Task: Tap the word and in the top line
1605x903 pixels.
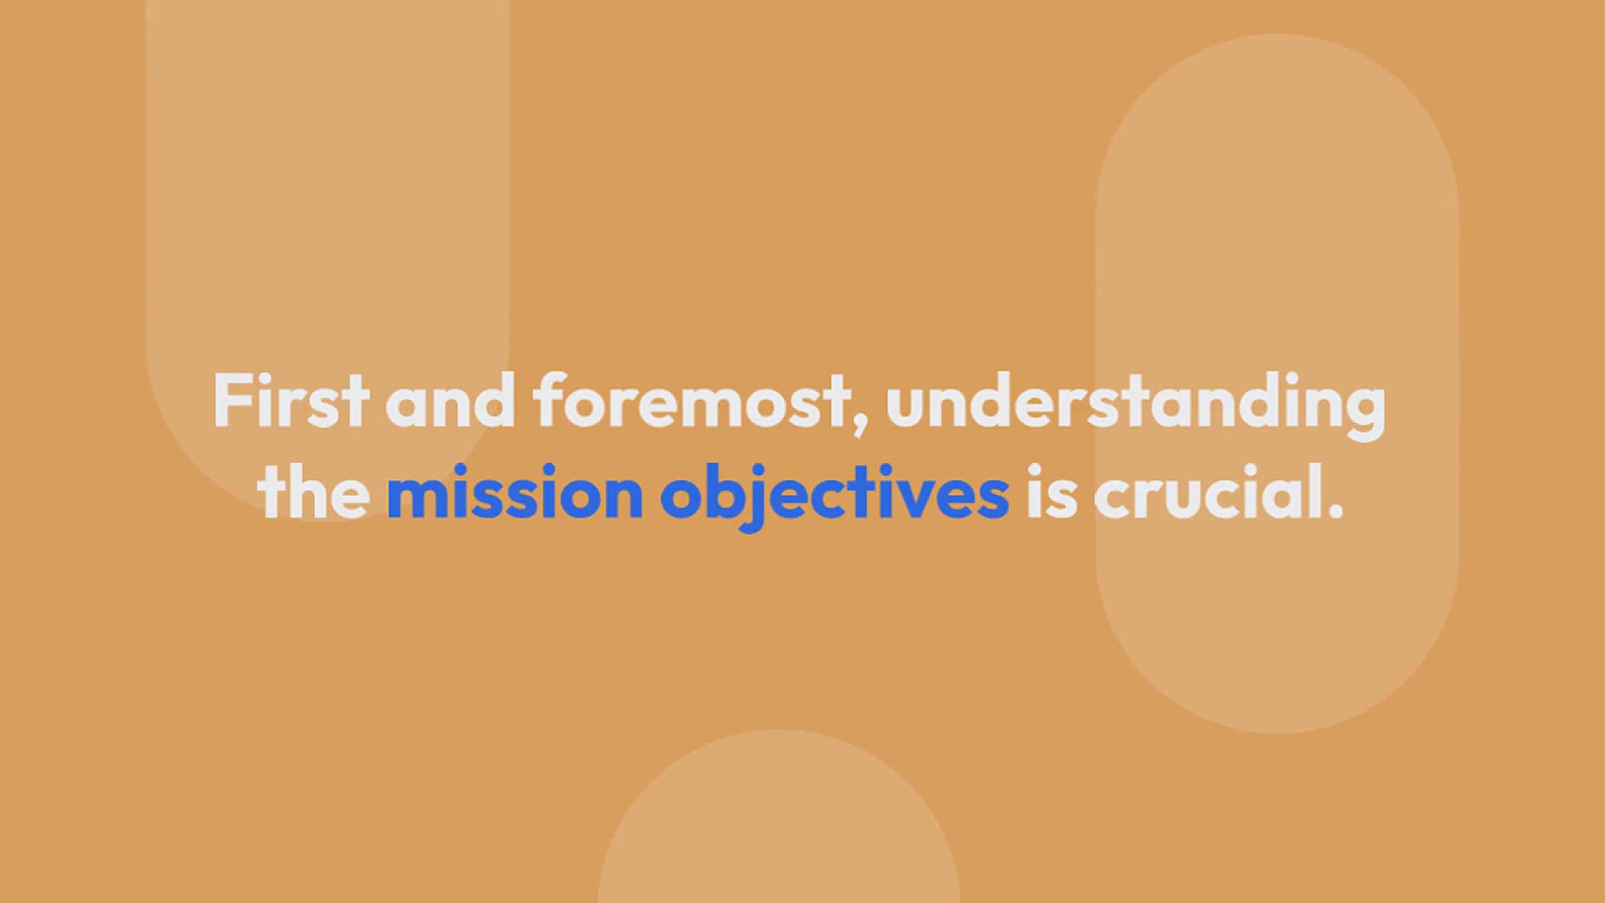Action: point(450,400)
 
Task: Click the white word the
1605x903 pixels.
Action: point(313,492)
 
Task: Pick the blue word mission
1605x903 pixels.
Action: point(514,492)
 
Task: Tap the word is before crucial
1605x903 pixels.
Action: point(1051,492)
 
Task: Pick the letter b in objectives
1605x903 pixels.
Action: point(725,492)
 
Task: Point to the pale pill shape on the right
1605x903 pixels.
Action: point(1277,384)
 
